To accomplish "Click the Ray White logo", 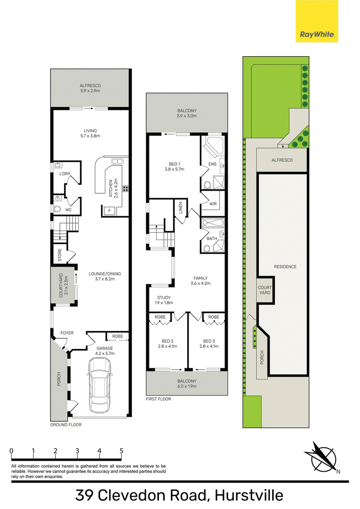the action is (317, 21).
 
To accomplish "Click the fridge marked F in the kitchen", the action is (109, 211).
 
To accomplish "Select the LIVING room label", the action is (90, 131).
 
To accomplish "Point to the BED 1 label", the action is (175, 164).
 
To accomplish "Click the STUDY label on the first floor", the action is (164, 297).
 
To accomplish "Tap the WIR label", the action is (213, 204).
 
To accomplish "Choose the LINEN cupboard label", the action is (180, 208).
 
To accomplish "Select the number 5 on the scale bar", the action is (121, 451).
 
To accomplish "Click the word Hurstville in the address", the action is (249, 496).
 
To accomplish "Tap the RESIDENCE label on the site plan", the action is (285, 267).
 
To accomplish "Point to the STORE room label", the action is (60, 255).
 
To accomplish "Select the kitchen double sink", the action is (116, 161).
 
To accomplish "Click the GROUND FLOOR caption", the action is (66, 424).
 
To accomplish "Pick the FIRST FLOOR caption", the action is (158, 399).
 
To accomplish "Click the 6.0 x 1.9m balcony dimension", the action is (187, 386).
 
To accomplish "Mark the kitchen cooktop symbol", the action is (126, 188).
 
